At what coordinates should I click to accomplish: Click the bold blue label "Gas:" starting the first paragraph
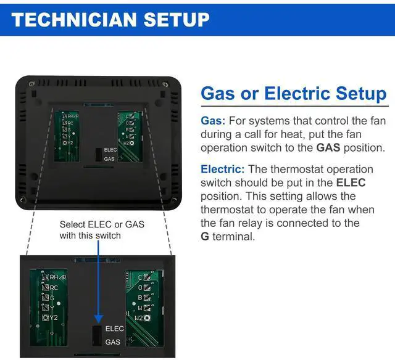(x=213, y=121)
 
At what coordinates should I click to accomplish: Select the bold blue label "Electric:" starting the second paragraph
(x=222, y=169)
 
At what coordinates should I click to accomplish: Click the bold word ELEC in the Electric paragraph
(x=351, y=182)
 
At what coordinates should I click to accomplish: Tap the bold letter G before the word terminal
(x=205, y=237)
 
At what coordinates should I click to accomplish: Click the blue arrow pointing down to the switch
(x=98, y=284)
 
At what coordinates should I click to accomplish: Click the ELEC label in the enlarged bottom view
(x=115, y=329)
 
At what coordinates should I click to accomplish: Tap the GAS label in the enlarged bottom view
(x=113, y=342)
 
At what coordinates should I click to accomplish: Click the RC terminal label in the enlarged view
(x=54, y=287)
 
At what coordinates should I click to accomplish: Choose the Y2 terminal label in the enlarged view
(x=54, y=317)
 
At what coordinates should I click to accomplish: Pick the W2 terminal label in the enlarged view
(x=138, y=317)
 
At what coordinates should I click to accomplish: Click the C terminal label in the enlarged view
(x=140, y=277)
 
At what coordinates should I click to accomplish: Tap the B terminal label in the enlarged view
(x=140, y=297)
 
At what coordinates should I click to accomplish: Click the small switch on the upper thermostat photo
(x=98, y=153)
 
